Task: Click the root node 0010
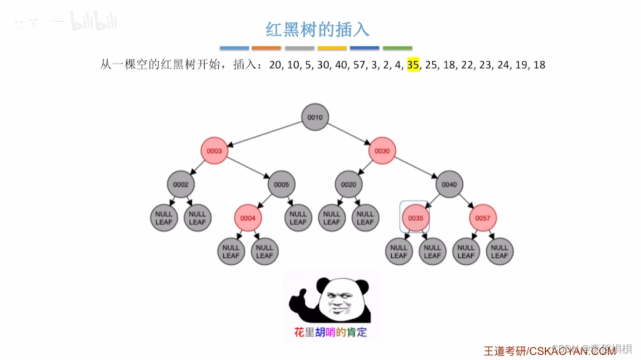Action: click(315, 117)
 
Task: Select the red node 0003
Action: click(214, 151)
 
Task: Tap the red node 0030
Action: click(382, 151)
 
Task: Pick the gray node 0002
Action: click(181, 185)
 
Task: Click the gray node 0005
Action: click(281, 185)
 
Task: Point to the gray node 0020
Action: click(349, 185)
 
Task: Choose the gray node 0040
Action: click(449, 185)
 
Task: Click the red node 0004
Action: click(248, 218)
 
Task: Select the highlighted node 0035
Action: click(416, 218)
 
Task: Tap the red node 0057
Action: click(483, 218)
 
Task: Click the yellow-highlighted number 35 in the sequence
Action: click(413, 65)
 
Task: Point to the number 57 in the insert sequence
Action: click(360, 65)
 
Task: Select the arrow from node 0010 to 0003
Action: click(264, 134)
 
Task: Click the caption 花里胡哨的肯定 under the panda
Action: click(330, 332)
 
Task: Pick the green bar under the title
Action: click(398, 48)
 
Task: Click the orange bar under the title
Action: click(266, 48)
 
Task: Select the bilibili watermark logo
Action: click(94, 22)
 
